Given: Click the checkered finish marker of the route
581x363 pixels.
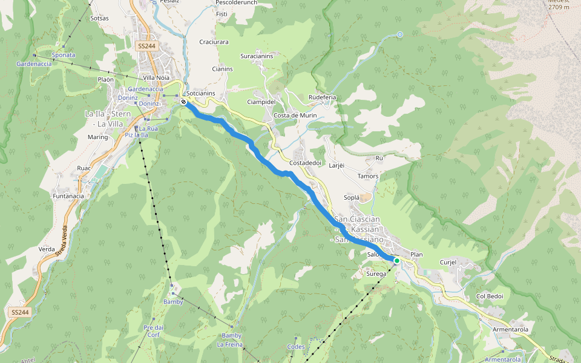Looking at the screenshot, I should click(183, 102).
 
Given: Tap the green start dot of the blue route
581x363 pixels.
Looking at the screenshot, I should click(397, 261).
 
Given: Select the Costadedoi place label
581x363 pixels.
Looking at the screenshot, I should click(304, 163).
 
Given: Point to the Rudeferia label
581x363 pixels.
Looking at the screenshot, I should click(322, 97).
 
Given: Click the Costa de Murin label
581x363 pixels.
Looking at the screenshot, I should click(295, 116).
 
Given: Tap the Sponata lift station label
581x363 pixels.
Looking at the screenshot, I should click(63, 55).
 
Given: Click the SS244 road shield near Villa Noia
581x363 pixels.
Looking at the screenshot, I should click(146, 46).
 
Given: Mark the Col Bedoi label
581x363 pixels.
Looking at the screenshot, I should click(490, 296).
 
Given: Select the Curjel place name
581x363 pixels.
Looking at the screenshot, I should click(448, 263).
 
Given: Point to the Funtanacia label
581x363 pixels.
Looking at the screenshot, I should click(68, 197).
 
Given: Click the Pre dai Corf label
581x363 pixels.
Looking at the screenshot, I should click(152, 331).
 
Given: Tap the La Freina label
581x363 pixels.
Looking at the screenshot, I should click(229, 345).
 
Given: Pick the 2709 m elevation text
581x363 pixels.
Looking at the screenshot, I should click(559, 7).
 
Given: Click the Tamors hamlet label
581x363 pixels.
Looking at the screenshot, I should click(368, 177).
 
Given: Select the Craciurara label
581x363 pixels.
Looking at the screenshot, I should click(214, 42).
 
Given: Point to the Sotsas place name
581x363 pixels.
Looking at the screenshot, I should click(99, 19).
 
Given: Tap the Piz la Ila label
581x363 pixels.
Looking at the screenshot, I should click(136, 135).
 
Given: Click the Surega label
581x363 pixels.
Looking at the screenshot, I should click(376, 274).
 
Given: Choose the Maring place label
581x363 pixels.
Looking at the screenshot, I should click(97, 137).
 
